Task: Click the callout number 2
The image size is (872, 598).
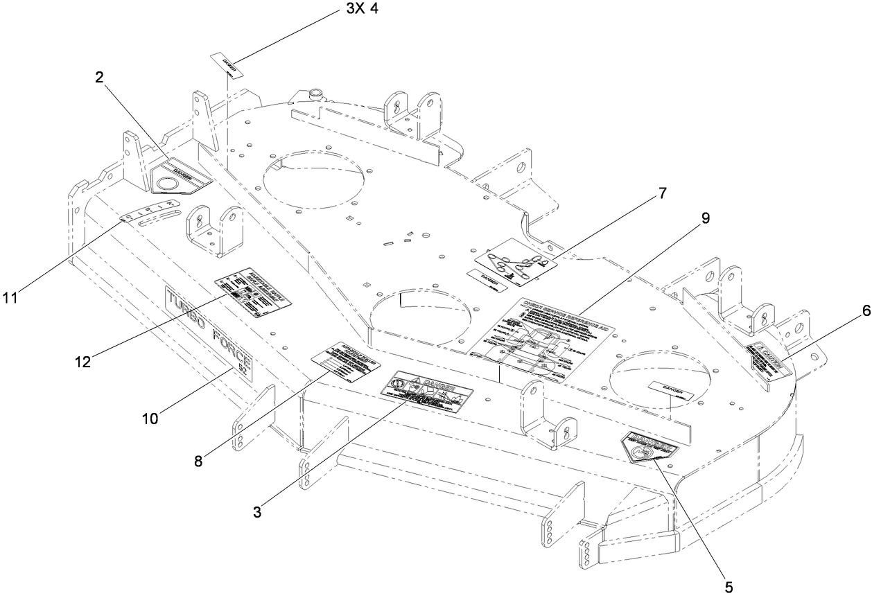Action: tap(99, 78)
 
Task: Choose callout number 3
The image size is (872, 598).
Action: tap(257, 512)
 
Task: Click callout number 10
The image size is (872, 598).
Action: tap(150, 419)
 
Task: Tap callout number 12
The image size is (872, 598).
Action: tap(83, 361)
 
